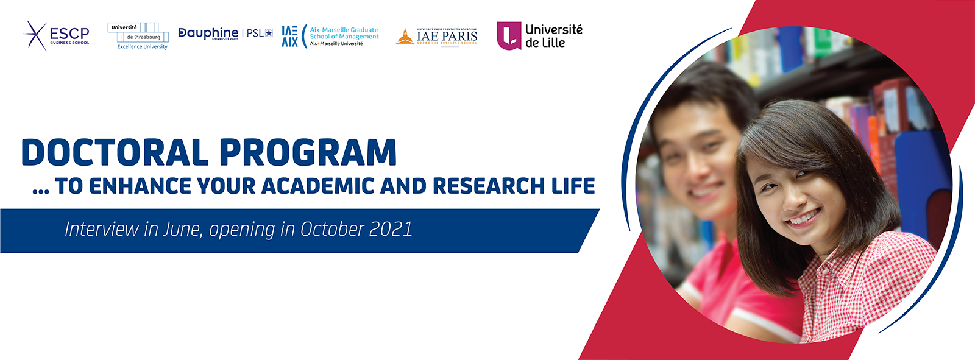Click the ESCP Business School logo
tap(57, 35)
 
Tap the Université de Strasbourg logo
tap(138, 36)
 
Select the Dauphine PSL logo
tap(225, 34)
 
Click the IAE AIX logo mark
tap(290, 37)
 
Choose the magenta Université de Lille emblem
tap(509, 36)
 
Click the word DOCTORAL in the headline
tap(115, 153)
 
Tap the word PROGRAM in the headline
tap(308, 153)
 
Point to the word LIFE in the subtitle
tap(573, 186)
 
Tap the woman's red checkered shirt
tap(865, 286)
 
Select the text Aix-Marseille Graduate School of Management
tap(344, 34)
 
